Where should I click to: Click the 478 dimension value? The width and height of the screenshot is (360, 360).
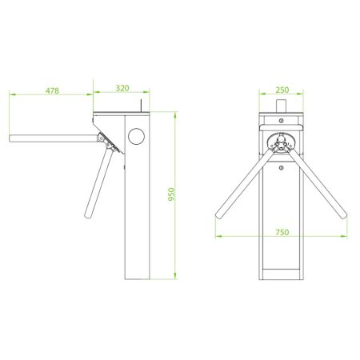pyautogui.click(x=52, y=91)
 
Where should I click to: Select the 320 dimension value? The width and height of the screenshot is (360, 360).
pyautogui.click(x=122, y=87)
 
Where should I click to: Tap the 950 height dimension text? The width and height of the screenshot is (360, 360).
pyautogui.click(x=170, y=194)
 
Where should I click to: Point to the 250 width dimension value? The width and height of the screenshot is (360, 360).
pyautogui.click(x=282, y=91)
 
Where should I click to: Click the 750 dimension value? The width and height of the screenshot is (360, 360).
pyautogui.click(x=282, y=231)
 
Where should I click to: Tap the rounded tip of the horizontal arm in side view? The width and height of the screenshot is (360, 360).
pyautogui.click(x=12, y=140)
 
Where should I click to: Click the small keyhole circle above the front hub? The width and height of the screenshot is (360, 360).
pyautogui.click(x=282, y=121)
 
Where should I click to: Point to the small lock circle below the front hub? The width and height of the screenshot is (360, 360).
pyautogui.click(x=282, y=168)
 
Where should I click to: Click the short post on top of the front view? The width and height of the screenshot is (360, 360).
pyautogui.click(x=282, y=106)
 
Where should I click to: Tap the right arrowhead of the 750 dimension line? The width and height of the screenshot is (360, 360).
pyautogui.click(x=345, y=237)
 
